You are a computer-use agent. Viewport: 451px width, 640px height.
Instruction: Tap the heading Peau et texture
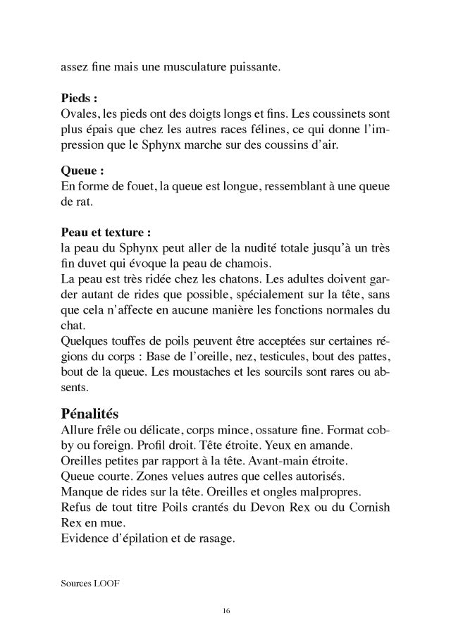[106, 233]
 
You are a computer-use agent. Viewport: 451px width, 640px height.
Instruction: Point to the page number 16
[225, 610]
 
